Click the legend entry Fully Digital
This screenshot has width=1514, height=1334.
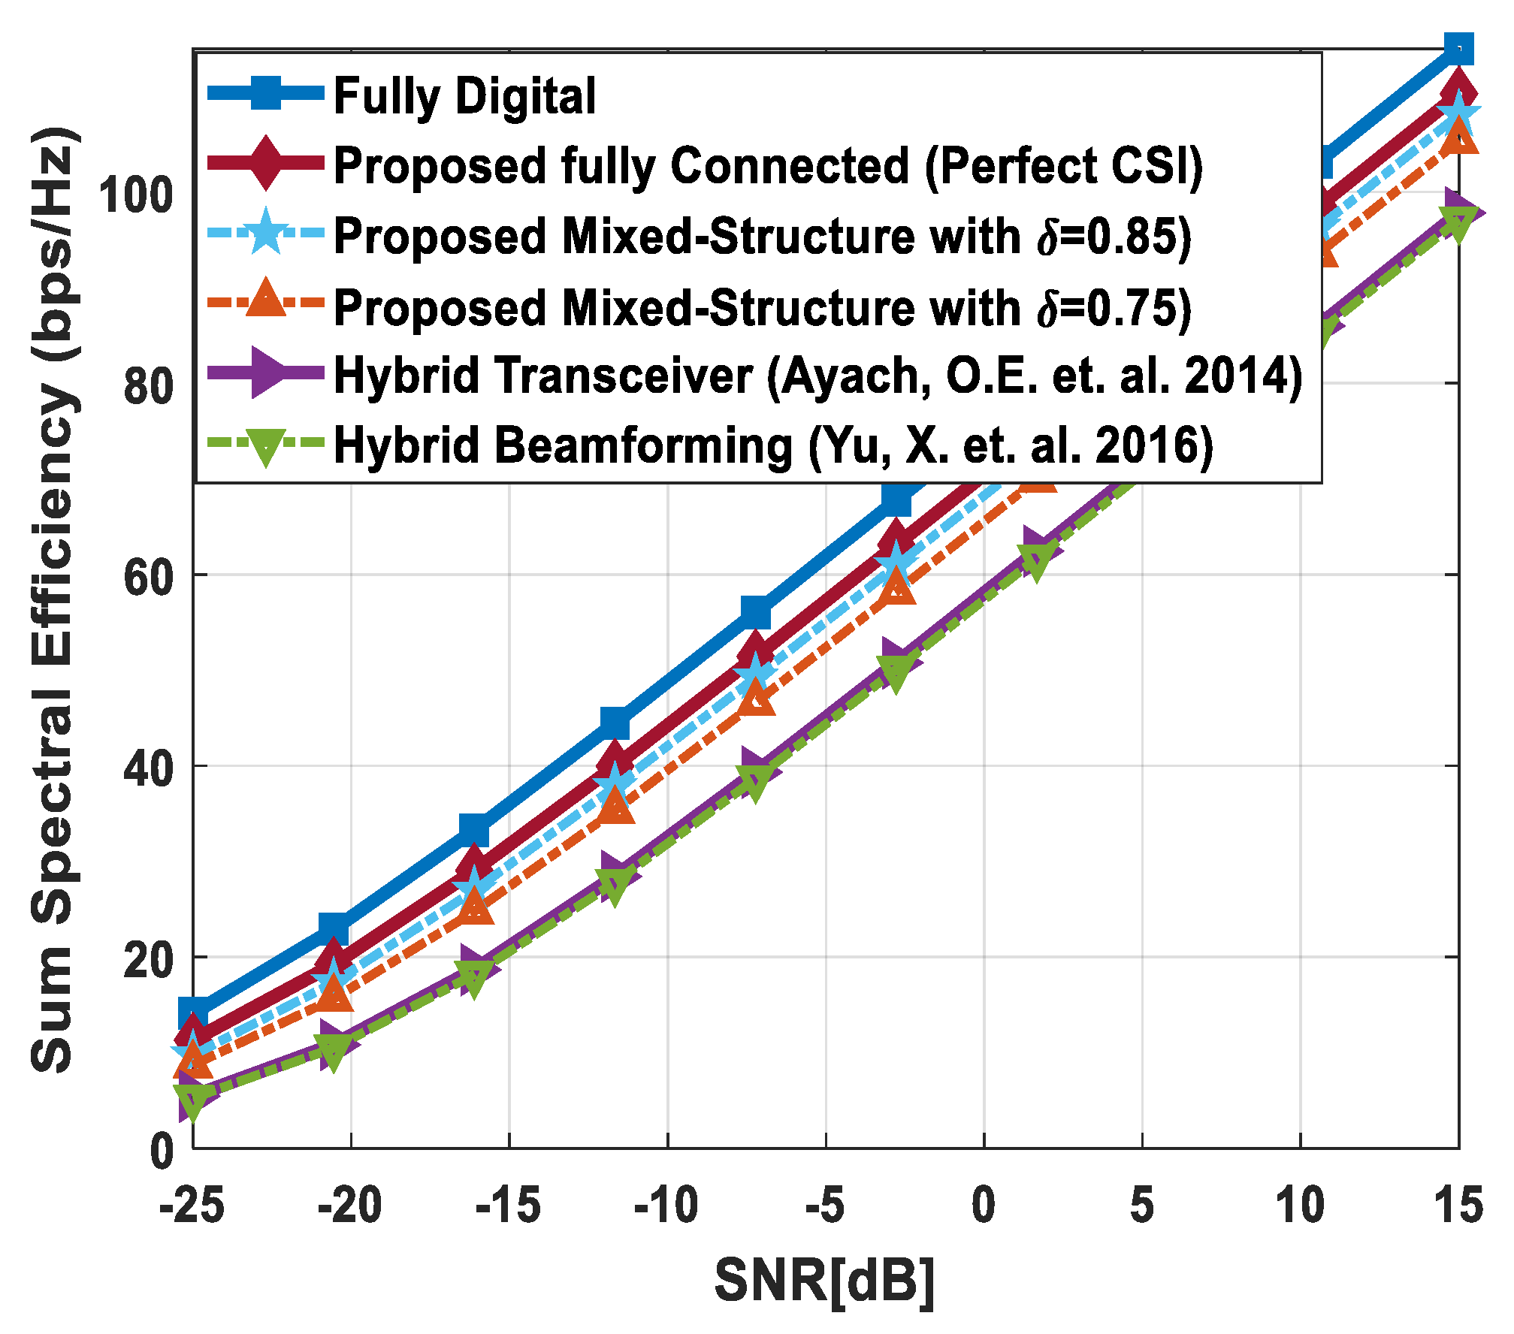464,96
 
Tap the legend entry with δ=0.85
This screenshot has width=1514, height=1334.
762,236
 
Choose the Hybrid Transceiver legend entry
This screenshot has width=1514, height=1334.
817,375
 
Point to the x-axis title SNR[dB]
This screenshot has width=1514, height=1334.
824,1281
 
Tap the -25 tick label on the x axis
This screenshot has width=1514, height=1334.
192,1205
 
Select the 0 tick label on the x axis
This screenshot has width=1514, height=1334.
984,1205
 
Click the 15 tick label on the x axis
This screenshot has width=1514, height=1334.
1458,1205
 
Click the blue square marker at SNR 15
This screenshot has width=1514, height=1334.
1458,50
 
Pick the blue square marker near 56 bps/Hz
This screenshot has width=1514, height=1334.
756,613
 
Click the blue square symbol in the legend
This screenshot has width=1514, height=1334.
266,94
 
